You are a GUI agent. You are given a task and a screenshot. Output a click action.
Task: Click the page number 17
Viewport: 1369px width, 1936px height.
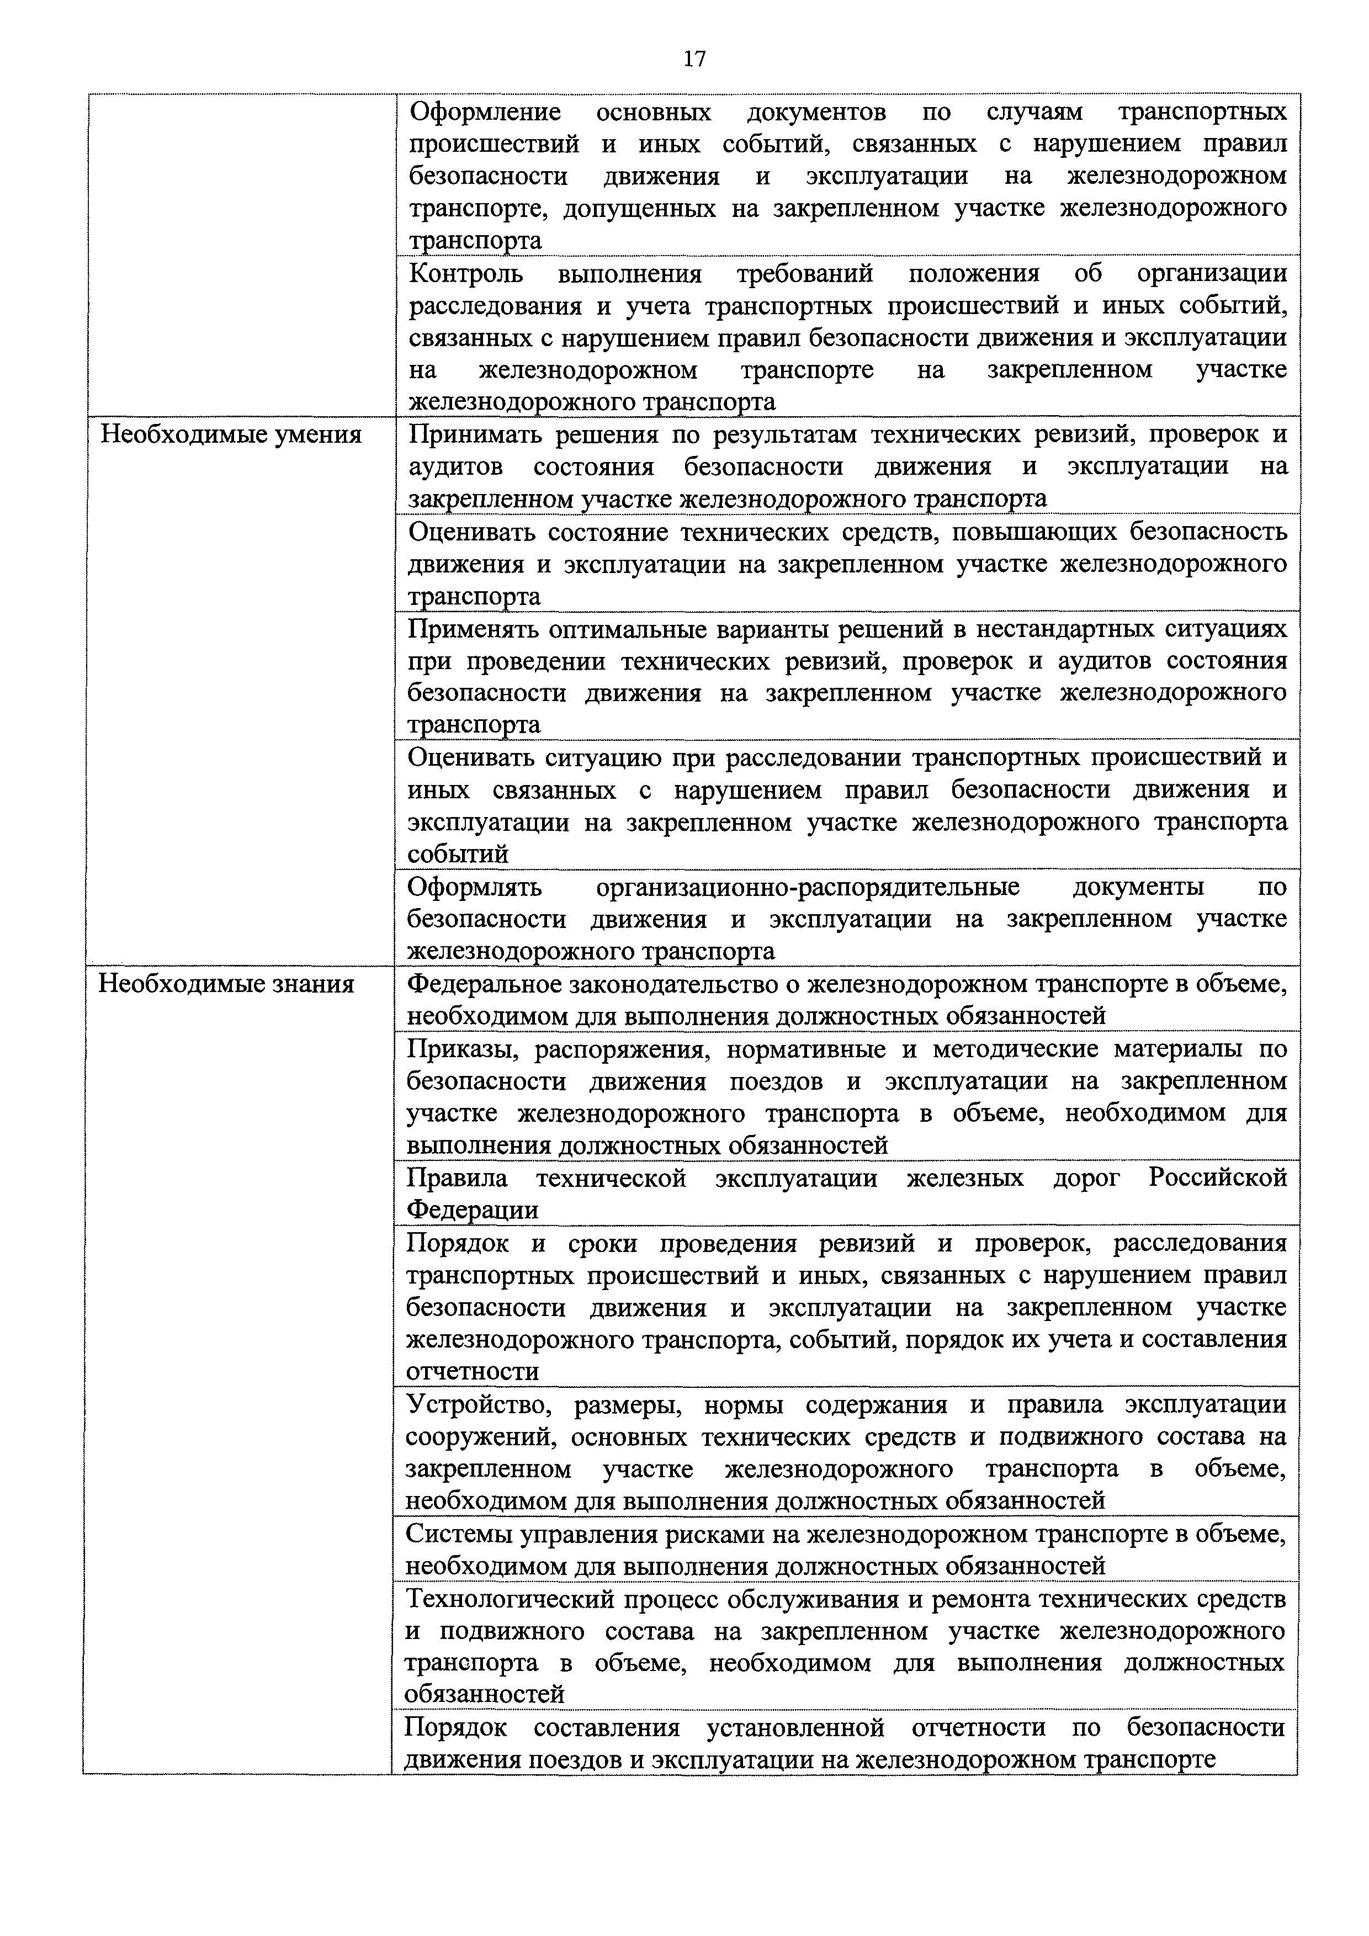694,58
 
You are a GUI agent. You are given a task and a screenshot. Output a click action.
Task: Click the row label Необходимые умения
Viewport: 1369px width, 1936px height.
231,434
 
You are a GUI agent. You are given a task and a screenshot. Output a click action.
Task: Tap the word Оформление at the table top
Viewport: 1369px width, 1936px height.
486,112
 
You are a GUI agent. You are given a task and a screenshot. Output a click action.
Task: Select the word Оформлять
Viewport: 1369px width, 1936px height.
475,887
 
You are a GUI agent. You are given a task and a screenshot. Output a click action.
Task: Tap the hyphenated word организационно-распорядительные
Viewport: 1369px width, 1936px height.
808,887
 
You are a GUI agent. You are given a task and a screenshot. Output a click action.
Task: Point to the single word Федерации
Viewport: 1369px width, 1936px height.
472,1210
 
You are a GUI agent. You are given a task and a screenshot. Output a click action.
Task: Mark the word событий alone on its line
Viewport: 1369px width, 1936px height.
458,854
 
